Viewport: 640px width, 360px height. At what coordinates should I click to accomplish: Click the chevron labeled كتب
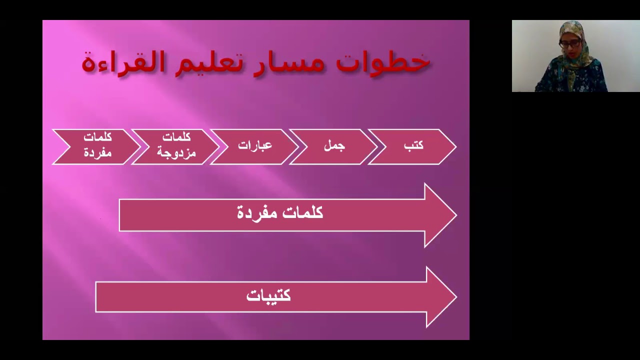click(x=413, y=146)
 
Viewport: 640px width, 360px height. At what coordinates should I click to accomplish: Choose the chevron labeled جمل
click(x=334, y=146)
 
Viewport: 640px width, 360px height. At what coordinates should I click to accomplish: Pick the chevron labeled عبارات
click(x=255, y=146)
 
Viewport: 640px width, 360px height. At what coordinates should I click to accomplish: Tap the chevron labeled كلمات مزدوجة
click(x=176, y=146)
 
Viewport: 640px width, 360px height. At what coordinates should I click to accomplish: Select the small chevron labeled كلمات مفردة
click(x=97, y=146)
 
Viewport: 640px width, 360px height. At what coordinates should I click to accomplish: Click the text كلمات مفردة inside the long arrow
click(x=280, y=213)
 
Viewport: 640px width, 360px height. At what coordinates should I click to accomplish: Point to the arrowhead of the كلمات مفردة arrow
click(x=440, y=215)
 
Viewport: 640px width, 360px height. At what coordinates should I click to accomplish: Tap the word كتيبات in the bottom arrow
click(x=268, y=296)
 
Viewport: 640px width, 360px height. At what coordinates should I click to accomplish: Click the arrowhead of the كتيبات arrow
click(x=441, y=297)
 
